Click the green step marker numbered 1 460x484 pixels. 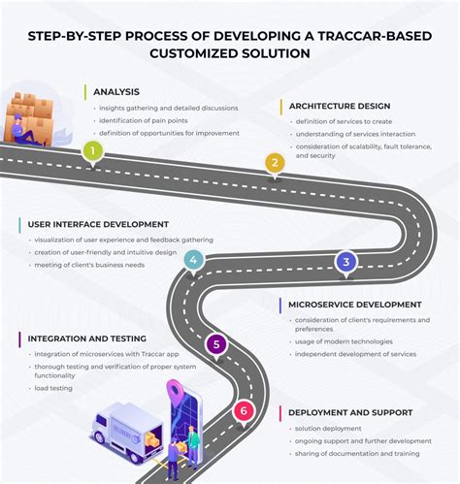point(92,150)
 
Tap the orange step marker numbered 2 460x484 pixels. point(276,163)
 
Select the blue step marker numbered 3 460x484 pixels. point(345,260)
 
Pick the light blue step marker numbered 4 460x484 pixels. point(194,259)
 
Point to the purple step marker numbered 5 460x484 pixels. point(217,343)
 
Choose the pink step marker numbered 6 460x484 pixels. point(245,411)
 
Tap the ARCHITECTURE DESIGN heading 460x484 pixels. point(339,106)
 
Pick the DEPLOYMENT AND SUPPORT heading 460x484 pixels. point(350,412)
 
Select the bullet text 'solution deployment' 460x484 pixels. point(327,428)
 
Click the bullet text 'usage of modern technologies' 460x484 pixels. point(345,341)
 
